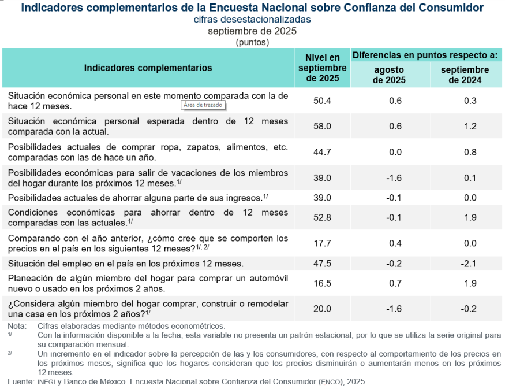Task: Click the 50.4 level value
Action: pos(322,101)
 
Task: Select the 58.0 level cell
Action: pos(322,126)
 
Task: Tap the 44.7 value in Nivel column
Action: pos(322,153)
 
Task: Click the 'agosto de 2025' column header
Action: pos(389,75)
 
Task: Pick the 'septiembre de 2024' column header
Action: pos(465,75)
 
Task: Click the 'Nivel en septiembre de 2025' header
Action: pos(322,68)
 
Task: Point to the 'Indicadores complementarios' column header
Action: pos(148,68)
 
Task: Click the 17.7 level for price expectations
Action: pos(322,243)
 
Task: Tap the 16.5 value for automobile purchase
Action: pos(322,284)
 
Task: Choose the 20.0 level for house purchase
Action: pos(322,309)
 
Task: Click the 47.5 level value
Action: pos(322,264)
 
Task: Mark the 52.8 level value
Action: pos(322,217)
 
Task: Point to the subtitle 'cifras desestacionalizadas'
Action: pos(252,19)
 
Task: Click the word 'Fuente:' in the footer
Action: pos(21,382)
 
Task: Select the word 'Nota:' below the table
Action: pos(17,326)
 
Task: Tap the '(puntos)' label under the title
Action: pos(252,42)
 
